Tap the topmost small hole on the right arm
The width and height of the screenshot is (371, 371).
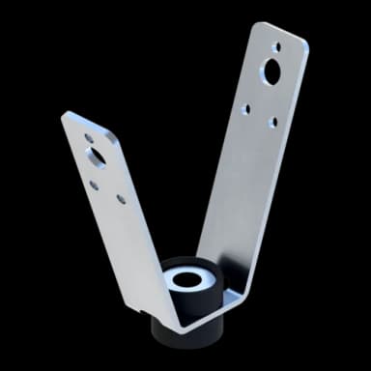[x=277, y=45]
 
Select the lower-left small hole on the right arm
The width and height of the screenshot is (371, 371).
[x=246, y=109]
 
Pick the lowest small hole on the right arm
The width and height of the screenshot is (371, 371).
[x=272, y=123]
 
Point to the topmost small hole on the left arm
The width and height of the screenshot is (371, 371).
[x=89, y=138]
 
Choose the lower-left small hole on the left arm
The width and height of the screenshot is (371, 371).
[x=95, y=185]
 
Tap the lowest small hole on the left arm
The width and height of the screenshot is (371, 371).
[x=121, y=198]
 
